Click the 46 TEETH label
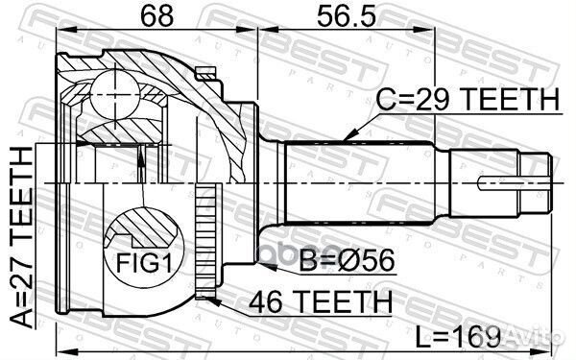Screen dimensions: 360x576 point(323,300)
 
